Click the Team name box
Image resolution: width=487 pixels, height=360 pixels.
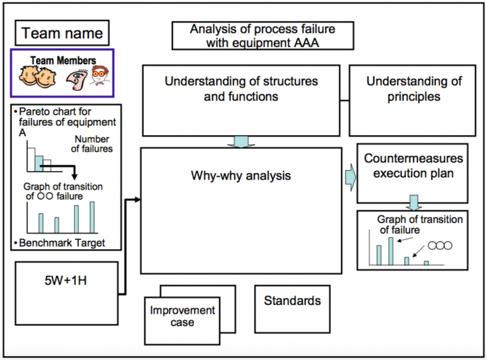[62, 32]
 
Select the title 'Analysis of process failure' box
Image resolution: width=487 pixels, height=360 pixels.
[263, 35]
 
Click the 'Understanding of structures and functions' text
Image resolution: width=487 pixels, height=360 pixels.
[241, 89]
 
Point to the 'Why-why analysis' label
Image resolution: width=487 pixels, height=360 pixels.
[241, 176]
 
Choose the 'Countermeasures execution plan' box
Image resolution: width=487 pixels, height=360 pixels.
[413, 165]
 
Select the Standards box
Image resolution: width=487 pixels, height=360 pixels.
[292, 301]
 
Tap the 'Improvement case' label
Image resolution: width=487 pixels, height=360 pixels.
[183, 316]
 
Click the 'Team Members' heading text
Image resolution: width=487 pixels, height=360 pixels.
[63, 61]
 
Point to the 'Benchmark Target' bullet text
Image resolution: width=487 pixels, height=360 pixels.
[62, 243]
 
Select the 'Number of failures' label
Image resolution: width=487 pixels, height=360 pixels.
[93, 144]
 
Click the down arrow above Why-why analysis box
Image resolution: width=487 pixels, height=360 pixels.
[240, 141]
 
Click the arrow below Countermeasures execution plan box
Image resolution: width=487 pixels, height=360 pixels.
[413, 203]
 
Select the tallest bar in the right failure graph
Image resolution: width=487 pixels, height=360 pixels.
[391, 250]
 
